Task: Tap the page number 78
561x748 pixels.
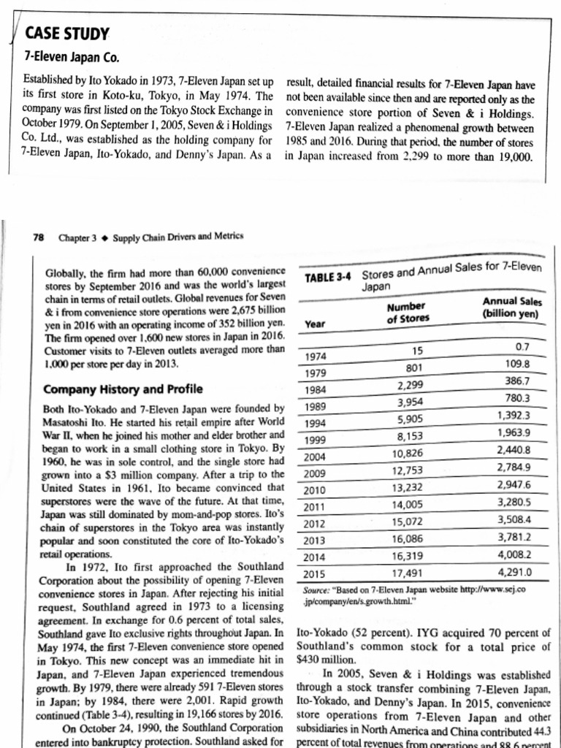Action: click(39, 236)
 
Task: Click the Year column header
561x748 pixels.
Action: click(316, 329)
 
